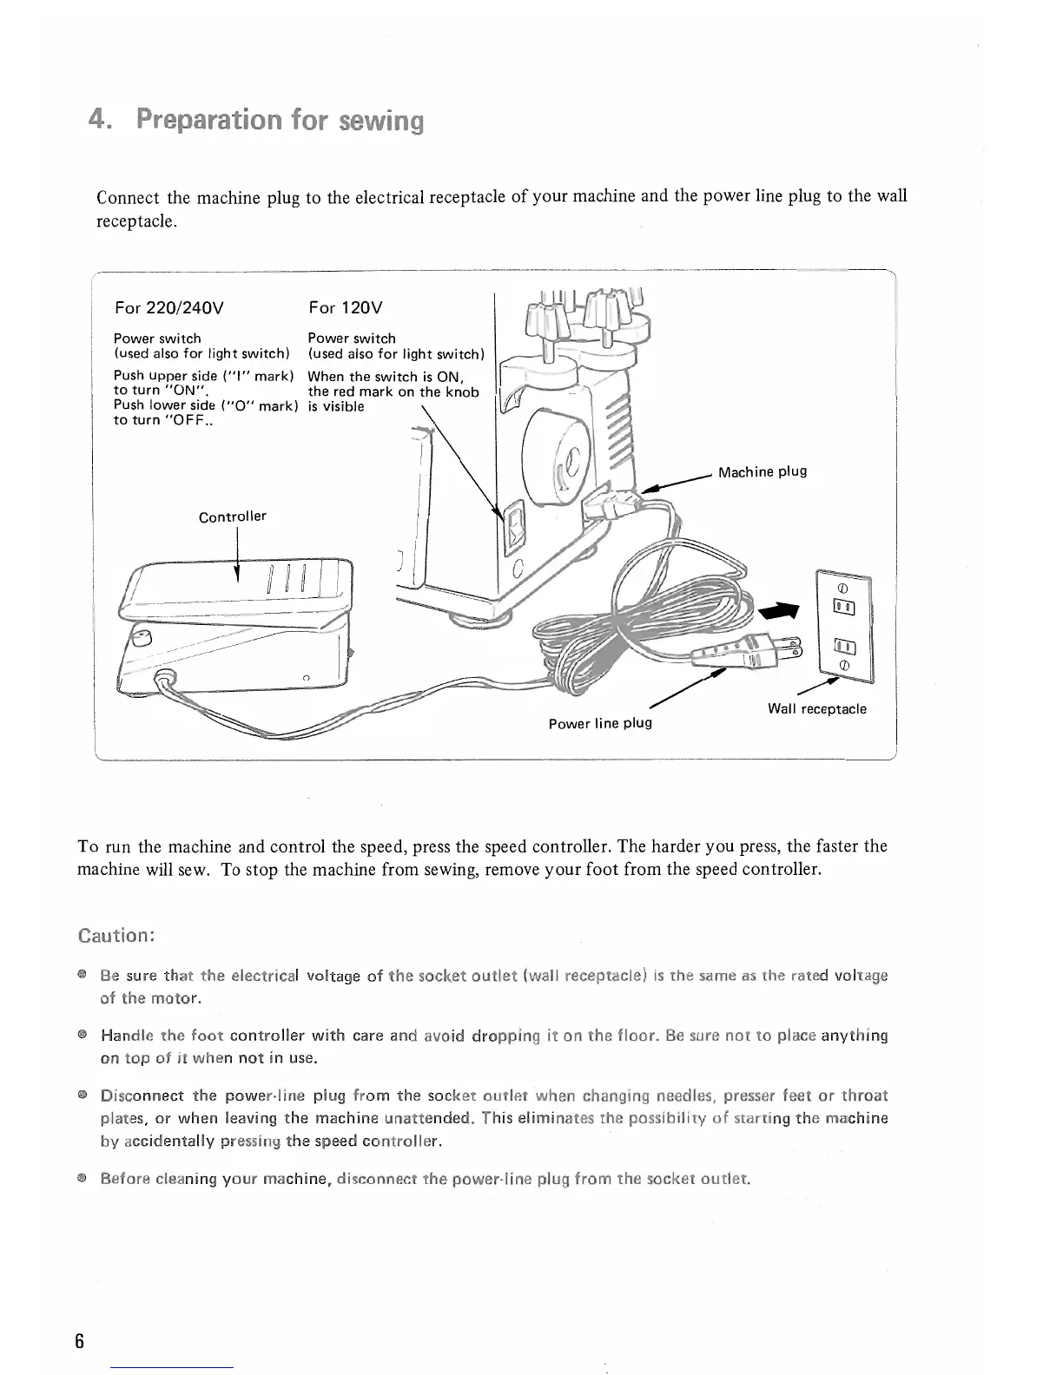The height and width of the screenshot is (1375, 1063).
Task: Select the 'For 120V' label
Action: coord(346,307)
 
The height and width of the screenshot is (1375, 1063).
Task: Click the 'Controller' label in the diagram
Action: coord(232,516)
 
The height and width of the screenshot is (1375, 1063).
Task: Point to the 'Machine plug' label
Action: coord(763,471)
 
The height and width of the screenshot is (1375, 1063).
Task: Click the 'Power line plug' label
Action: coord(599,722)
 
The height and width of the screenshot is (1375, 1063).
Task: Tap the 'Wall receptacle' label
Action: coord(816,708)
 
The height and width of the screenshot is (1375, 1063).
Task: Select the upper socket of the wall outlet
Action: coord(843,606)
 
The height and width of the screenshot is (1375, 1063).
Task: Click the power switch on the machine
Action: coord(515,527)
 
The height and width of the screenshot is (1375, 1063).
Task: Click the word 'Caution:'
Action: coord(116,936)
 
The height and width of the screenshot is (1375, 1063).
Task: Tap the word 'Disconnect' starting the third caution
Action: coord(140,1095)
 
